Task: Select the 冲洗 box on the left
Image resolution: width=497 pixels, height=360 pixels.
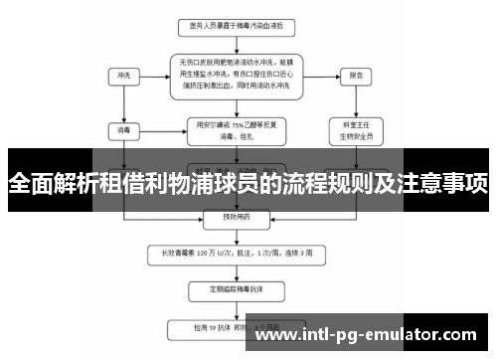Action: tap(124, 75)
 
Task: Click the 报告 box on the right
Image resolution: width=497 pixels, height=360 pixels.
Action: tap(355, 75)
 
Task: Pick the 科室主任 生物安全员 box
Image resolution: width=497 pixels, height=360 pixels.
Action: tap(355, 129)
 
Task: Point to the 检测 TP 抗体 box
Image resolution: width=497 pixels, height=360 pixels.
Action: tap(230, 327)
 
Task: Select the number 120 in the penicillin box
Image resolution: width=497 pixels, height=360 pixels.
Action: tap(211, 253)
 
